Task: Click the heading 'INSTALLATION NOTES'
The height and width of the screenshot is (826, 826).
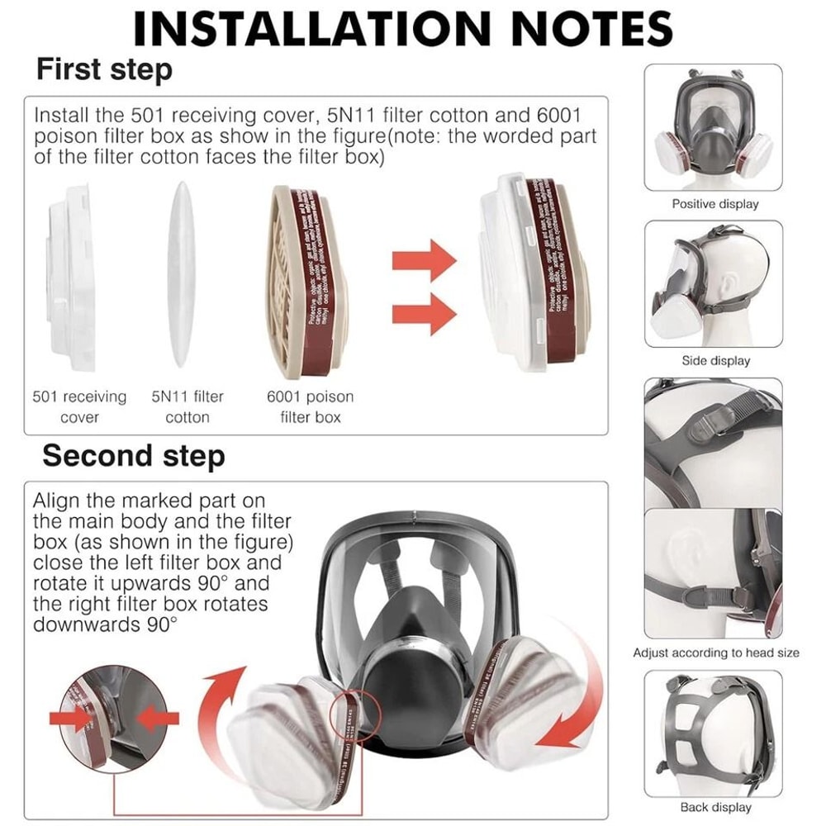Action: [x=403, y=29]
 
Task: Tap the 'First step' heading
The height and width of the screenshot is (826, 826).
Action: [x=104, y=69]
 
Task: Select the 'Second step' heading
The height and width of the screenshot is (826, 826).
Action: [x=133, y=455]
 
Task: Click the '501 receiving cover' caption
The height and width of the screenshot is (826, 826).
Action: [x=79, y=406]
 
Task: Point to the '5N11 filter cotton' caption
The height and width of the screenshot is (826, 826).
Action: [x=188, y=406]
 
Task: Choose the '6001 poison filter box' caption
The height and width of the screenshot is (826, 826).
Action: [x=310, y=406]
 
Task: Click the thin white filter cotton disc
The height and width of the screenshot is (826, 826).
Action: [x=181, y=274]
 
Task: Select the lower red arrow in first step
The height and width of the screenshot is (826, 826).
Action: [x=424, y=316]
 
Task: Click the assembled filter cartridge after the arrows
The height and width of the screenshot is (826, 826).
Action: [x=533, y=273]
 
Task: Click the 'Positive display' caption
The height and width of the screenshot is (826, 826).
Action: [x=714, y=203]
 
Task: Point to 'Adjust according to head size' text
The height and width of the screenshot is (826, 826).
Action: [x=716, y=653]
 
